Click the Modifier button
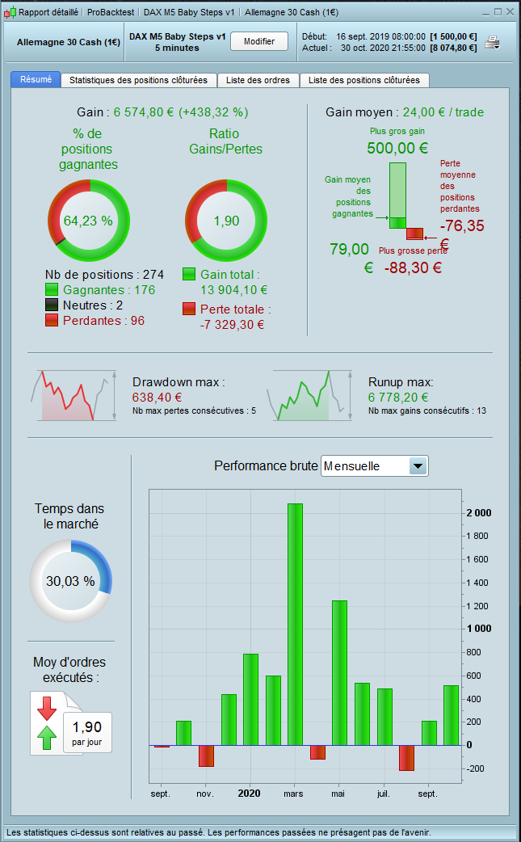[x=259, y=41]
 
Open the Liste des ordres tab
[x=258, y=80]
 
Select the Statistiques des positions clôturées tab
[x=139, y=80]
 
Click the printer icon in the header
[x=492, y=42]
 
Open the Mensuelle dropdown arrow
[x=418, y=466]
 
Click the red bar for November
[x=206, y=756]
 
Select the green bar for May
[x=339, y=672]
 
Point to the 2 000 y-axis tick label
[x=477, y=513]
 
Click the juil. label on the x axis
[x=383, y=794]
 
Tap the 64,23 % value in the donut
[x=88, y=221]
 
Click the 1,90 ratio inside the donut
[x=226, y=221]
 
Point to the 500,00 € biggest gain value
[x=397, y=148]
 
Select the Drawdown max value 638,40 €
[x=157, y=397]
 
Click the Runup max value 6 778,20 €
[x=398, y=397]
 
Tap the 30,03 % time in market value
[x=70, y=581]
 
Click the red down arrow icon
[x=47, y=707]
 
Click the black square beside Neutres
[x=52, y=305]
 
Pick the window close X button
[x=510, y=12]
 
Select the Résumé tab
[x=36, y=79]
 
